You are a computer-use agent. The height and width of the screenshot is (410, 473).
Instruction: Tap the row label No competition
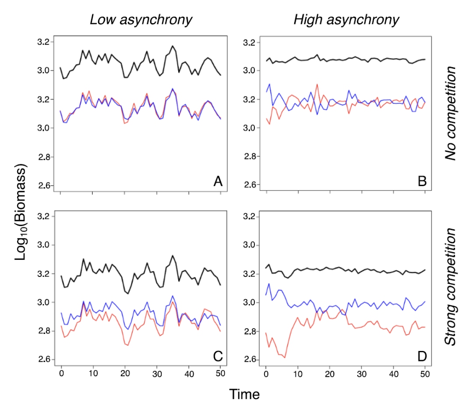451,113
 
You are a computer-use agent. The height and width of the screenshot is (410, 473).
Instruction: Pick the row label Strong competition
451,286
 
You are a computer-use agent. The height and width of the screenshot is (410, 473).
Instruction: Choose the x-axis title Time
244,394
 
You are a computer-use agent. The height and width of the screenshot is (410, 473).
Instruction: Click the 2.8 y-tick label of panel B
251,156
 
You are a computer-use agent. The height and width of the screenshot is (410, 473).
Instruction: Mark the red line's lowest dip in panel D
285,358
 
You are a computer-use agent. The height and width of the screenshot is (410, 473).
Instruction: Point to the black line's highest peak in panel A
173,46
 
